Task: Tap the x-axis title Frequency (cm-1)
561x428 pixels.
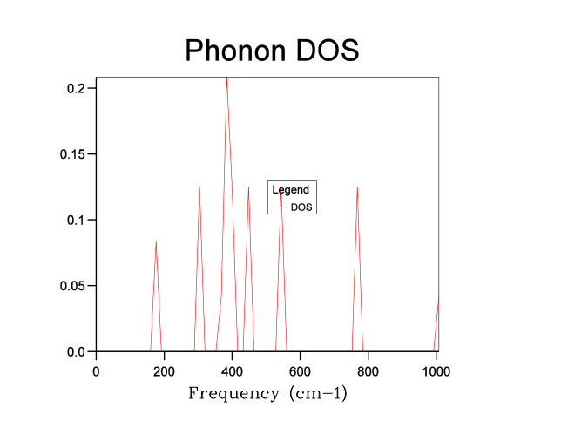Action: [267, 393]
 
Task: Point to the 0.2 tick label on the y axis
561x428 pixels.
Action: [75, 88]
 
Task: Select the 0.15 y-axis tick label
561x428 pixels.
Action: [71, 154]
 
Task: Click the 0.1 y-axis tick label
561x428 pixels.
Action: [75, 220]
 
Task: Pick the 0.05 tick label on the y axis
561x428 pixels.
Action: [71, 286]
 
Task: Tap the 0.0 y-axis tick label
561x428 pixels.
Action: [75, 351]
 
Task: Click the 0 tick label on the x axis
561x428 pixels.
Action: [96, 370]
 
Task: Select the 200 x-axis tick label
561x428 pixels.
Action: [164, 370]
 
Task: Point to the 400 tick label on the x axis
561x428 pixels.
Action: [232, 370]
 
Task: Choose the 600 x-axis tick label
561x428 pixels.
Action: [300, 370]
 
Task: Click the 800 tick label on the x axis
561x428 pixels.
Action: [368, 370]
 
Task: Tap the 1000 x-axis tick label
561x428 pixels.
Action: [436, 370]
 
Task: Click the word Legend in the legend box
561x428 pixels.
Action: [290, 189]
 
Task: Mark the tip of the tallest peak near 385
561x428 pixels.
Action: [227, 78]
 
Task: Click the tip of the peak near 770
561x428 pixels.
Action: [357, 187]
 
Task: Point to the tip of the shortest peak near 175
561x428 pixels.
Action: [156, 241]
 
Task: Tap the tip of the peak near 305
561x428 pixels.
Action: [199, 187]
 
